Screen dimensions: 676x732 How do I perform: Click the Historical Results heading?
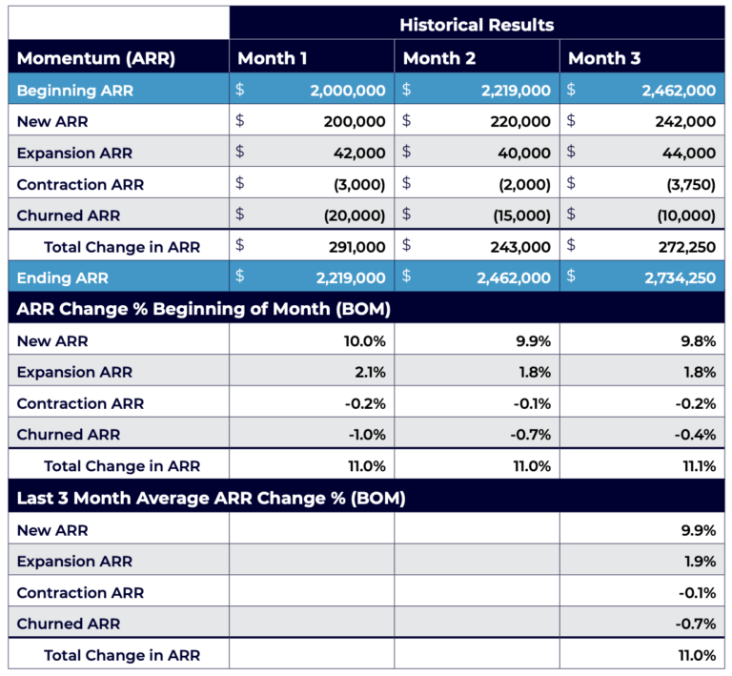(477, 24)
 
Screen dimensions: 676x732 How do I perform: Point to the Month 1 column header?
(273, 58)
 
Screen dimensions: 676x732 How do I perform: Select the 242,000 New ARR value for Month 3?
(685, 121)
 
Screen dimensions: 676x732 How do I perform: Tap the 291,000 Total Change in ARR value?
(356, 246)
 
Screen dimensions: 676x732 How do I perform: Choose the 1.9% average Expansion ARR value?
(700, 561)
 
